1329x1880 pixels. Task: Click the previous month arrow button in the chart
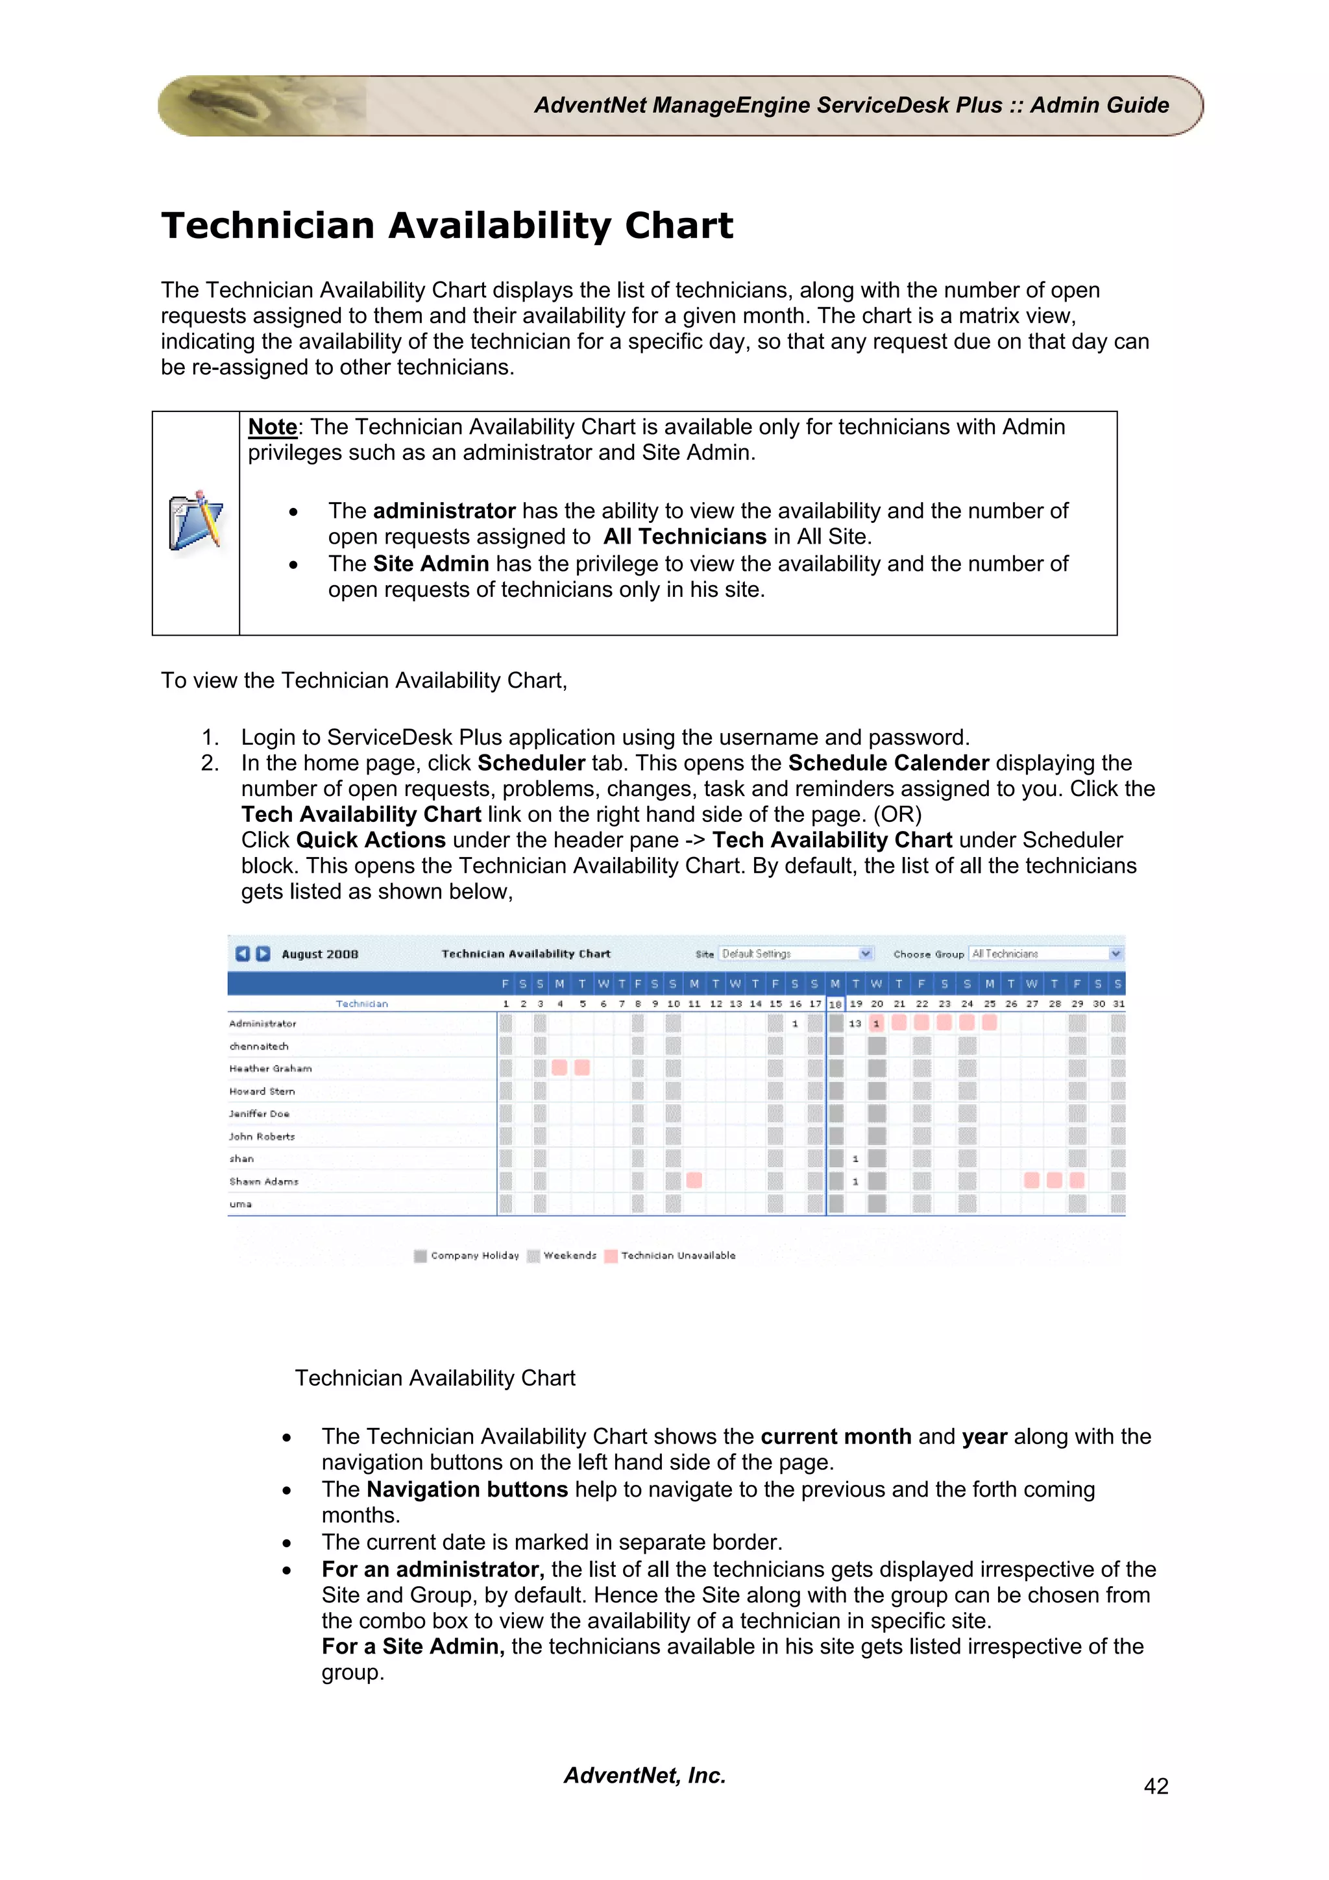coord(243,953)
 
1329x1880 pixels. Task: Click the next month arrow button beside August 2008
coord(263,953)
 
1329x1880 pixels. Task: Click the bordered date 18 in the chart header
coord(835,1004)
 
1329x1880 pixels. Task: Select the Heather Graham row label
coord(270,1068)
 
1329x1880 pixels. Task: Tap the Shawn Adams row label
coord(263,1181)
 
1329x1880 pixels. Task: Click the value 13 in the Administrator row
coord(855,1024)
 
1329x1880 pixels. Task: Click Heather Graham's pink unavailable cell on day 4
coord(560,1068)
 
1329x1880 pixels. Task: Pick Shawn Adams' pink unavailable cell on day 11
coord(694,1180)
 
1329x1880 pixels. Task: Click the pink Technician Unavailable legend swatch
coord(611,1256)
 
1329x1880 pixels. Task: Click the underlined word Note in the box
coord(272,427)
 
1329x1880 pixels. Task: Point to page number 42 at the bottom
coord(1155,1786)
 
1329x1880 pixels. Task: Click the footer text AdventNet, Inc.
coord(644,1775)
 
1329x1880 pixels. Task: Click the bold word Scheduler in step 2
coord(531,763)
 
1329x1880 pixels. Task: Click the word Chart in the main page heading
coord(679,226)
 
